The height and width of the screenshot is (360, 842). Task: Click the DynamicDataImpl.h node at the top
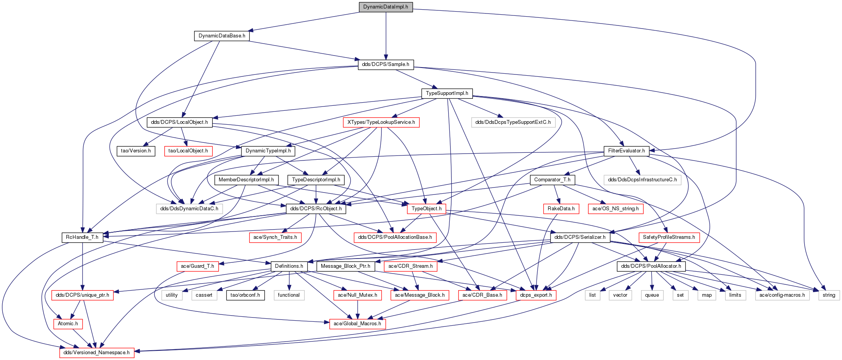[385, 7]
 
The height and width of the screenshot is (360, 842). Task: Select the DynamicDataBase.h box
[222, 36]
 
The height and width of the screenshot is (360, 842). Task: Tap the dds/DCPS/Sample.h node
[385, 64]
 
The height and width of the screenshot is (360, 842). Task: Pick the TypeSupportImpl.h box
[447, 93]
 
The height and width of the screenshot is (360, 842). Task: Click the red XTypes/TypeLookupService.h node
[381, 122]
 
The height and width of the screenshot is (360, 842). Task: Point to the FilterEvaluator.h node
[626, 151]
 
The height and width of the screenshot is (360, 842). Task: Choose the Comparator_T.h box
[552, 180]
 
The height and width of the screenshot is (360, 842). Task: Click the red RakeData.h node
[561, 209]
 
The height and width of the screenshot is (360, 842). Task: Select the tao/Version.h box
[136, 151]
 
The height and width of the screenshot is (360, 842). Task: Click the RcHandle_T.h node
[82, 237]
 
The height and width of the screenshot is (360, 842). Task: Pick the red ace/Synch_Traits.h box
[275, 237]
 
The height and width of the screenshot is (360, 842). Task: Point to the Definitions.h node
[289, 266]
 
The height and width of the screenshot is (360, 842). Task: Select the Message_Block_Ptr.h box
[345, 266]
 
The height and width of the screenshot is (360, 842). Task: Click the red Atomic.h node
[68, 324]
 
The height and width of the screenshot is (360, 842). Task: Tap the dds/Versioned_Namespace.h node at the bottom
[96, 353]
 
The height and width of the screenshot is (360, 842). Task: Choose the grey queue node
[652, 295]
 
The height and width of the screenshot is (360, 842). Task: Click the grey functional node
[289, 295]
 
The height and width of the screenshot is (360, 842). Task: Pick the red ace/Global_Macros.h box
[357, 324]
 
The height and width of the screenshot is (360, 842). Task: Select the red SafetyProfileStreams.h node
[669, 237]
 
